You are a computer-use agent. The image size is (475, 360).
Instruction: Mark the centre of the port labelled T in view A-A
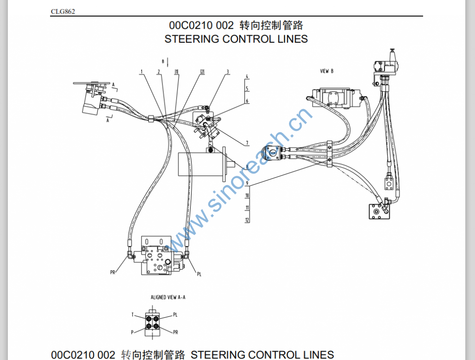pos(149,319)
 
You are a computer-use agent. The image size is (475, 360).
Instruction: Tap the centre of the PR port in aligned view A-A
pos(156,326)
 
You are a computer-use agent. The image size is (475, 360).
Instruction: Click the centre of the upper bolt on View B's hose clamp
pos(330,147)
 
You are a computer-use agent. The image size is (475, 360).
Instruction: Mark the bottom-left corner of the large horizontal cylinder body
pos(178,176)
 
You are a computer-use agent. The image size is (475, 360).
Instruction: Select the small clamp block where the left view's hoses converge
pos(151,119)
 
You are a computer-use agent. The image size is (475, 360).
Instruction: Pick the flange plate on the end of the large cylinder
pos(224,164)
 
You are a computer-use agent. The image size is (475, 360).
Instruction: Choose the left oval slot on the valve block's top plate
pos(147,242)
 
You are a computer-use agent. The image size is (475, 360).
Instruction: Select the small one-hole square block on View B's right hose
pos(389,182)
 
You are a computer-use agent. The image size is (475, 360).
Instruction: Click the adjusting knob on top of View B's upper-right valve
pos(392,52)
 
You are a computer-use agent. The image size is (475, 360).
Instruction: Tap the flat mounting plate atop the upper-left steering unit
pos(92,83)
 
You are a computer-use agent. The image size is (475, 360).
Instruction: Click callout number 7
pos(247,143)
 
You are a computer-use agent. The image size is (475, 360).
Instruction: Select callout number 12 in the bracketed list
pos(247,220)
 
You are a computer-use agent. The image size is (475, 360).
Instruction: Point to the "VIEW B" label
pos(327,71)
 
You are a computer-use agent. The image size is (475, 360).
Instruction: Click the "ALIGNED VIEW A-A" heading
pos(168,297)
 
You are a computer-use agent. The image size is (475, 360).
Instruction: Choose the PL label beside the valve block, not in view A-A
pos(199,274)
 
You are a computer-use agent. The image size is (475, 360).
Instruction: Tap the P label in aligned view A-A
pos(132,333)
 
